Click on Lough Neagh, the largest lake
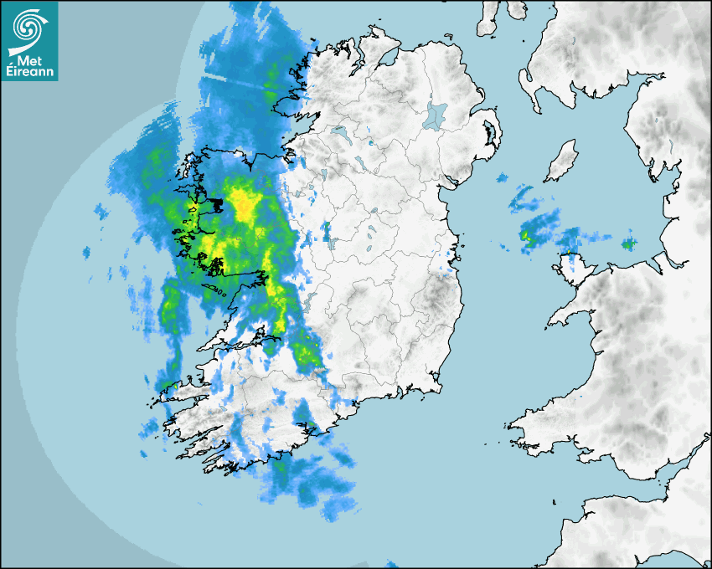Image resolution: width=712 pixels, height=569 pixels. click(x=437, y=115)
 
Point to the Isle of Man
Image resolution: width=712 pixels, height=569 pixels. click(x=560, y=161)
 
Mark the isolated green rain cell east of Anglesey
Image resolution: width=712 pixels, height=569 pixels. click(x=628, y=244)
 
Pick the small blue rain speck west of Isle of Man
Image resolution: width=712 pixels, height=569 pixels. click(x=502, y=178)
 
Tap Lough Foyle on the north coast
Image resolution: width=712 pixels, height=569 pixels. click(x=387, y=59)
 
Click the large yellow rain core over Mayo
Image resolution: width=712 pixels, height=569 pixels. click(x=243, y=203)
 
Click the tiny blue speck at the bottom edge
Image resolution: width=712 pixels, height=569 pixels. click(x=390, y=563)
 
